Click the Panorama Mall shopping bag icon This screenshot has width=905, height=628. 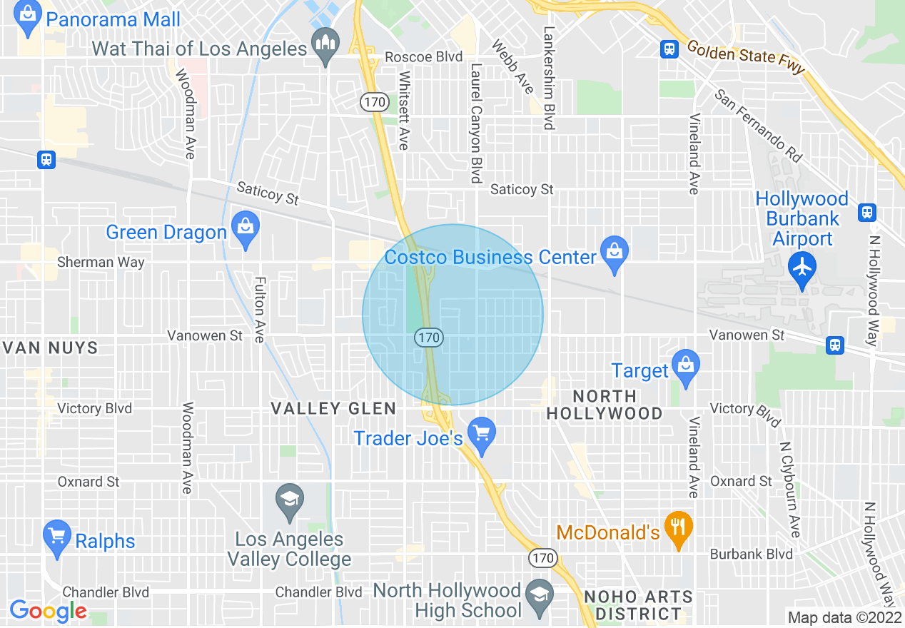(x=29, y=17)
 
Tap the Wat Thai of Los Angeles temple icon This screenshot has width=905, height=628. (x=325, y=45)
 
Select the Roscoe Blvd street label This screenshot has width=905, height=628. (x=424, y=57)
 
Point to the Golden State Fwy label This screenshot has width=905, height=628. (x=746, y=57)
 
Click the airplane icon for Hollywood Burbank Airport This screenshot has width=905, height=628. (x=803, y=268)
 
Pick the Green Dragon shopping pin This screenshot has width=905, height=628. (x=246, y=229)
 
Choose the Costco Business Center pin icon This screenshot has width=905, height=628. (x=614, y=253)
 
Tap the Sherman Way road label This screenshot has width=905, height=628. (x=101, y=262)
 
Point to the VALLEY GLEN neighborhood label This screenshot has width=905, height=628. (x=333, y=408)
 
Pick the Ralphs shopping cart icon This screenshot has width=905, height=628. (x=56, y=537)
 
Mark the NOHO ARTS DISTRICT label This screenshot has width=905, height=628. (x=638, y=605)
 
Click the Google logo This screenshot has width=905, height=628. (x=49, y=611)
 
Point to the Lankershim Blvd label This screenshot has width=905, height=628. (x=549, y=78)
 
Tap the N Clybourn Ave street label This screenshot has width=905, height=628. (x=790, y=489)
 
